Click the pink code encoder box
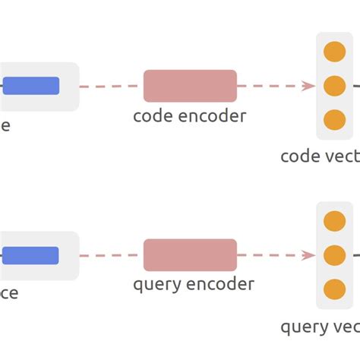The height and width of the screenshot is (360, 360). pyautogui.click(x=190, y=86)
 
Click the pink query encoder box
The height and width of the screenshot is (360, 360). pyautogui.click(x=190, y=255)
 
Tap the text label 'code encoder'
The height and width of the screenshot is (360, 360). pyautogui.click(x=189, y=116)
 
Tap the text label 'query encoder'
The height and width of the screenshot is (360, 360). pyautogui.click(x=193, y=285)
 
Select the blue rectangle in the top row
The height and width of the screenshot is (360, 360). pyautogui.click(x=31, y=86)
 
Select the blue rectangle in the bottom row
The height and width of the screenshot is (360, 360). pyautogui.click(x=31, y=256)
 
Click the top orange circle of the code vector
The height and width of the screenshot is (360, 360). pyautogui.click(x=334, y=52)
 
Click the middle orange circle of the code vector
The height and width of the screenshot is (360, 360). pyautogui.click(x=334, y=86)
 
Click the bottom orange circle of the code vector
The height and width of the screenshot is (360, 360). pyautogui.click(x=334, y=120)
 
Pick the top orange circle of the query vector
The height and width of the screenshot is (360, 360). pyautogui.click(x=334, y=221)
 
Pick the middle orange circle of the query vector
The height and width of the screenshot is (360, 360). pyautogui.click(x=334, y=255)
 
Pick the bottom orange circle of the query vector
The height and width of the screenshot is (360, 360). pyautogui.click(x=334, y=289)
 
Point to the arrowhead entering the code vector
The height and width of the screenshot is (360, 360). pyautogui.click(x=308, y=86)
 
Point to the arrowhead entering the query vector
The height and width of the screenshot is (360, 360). pyautogui.click(x=308, y=255)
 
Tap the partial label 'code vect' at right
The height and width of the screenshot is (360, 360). pyautogui.click(x=320, y=156)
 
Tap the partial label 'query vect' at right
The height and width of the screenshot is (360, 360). pyautogui.click(x=320, y=327)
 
